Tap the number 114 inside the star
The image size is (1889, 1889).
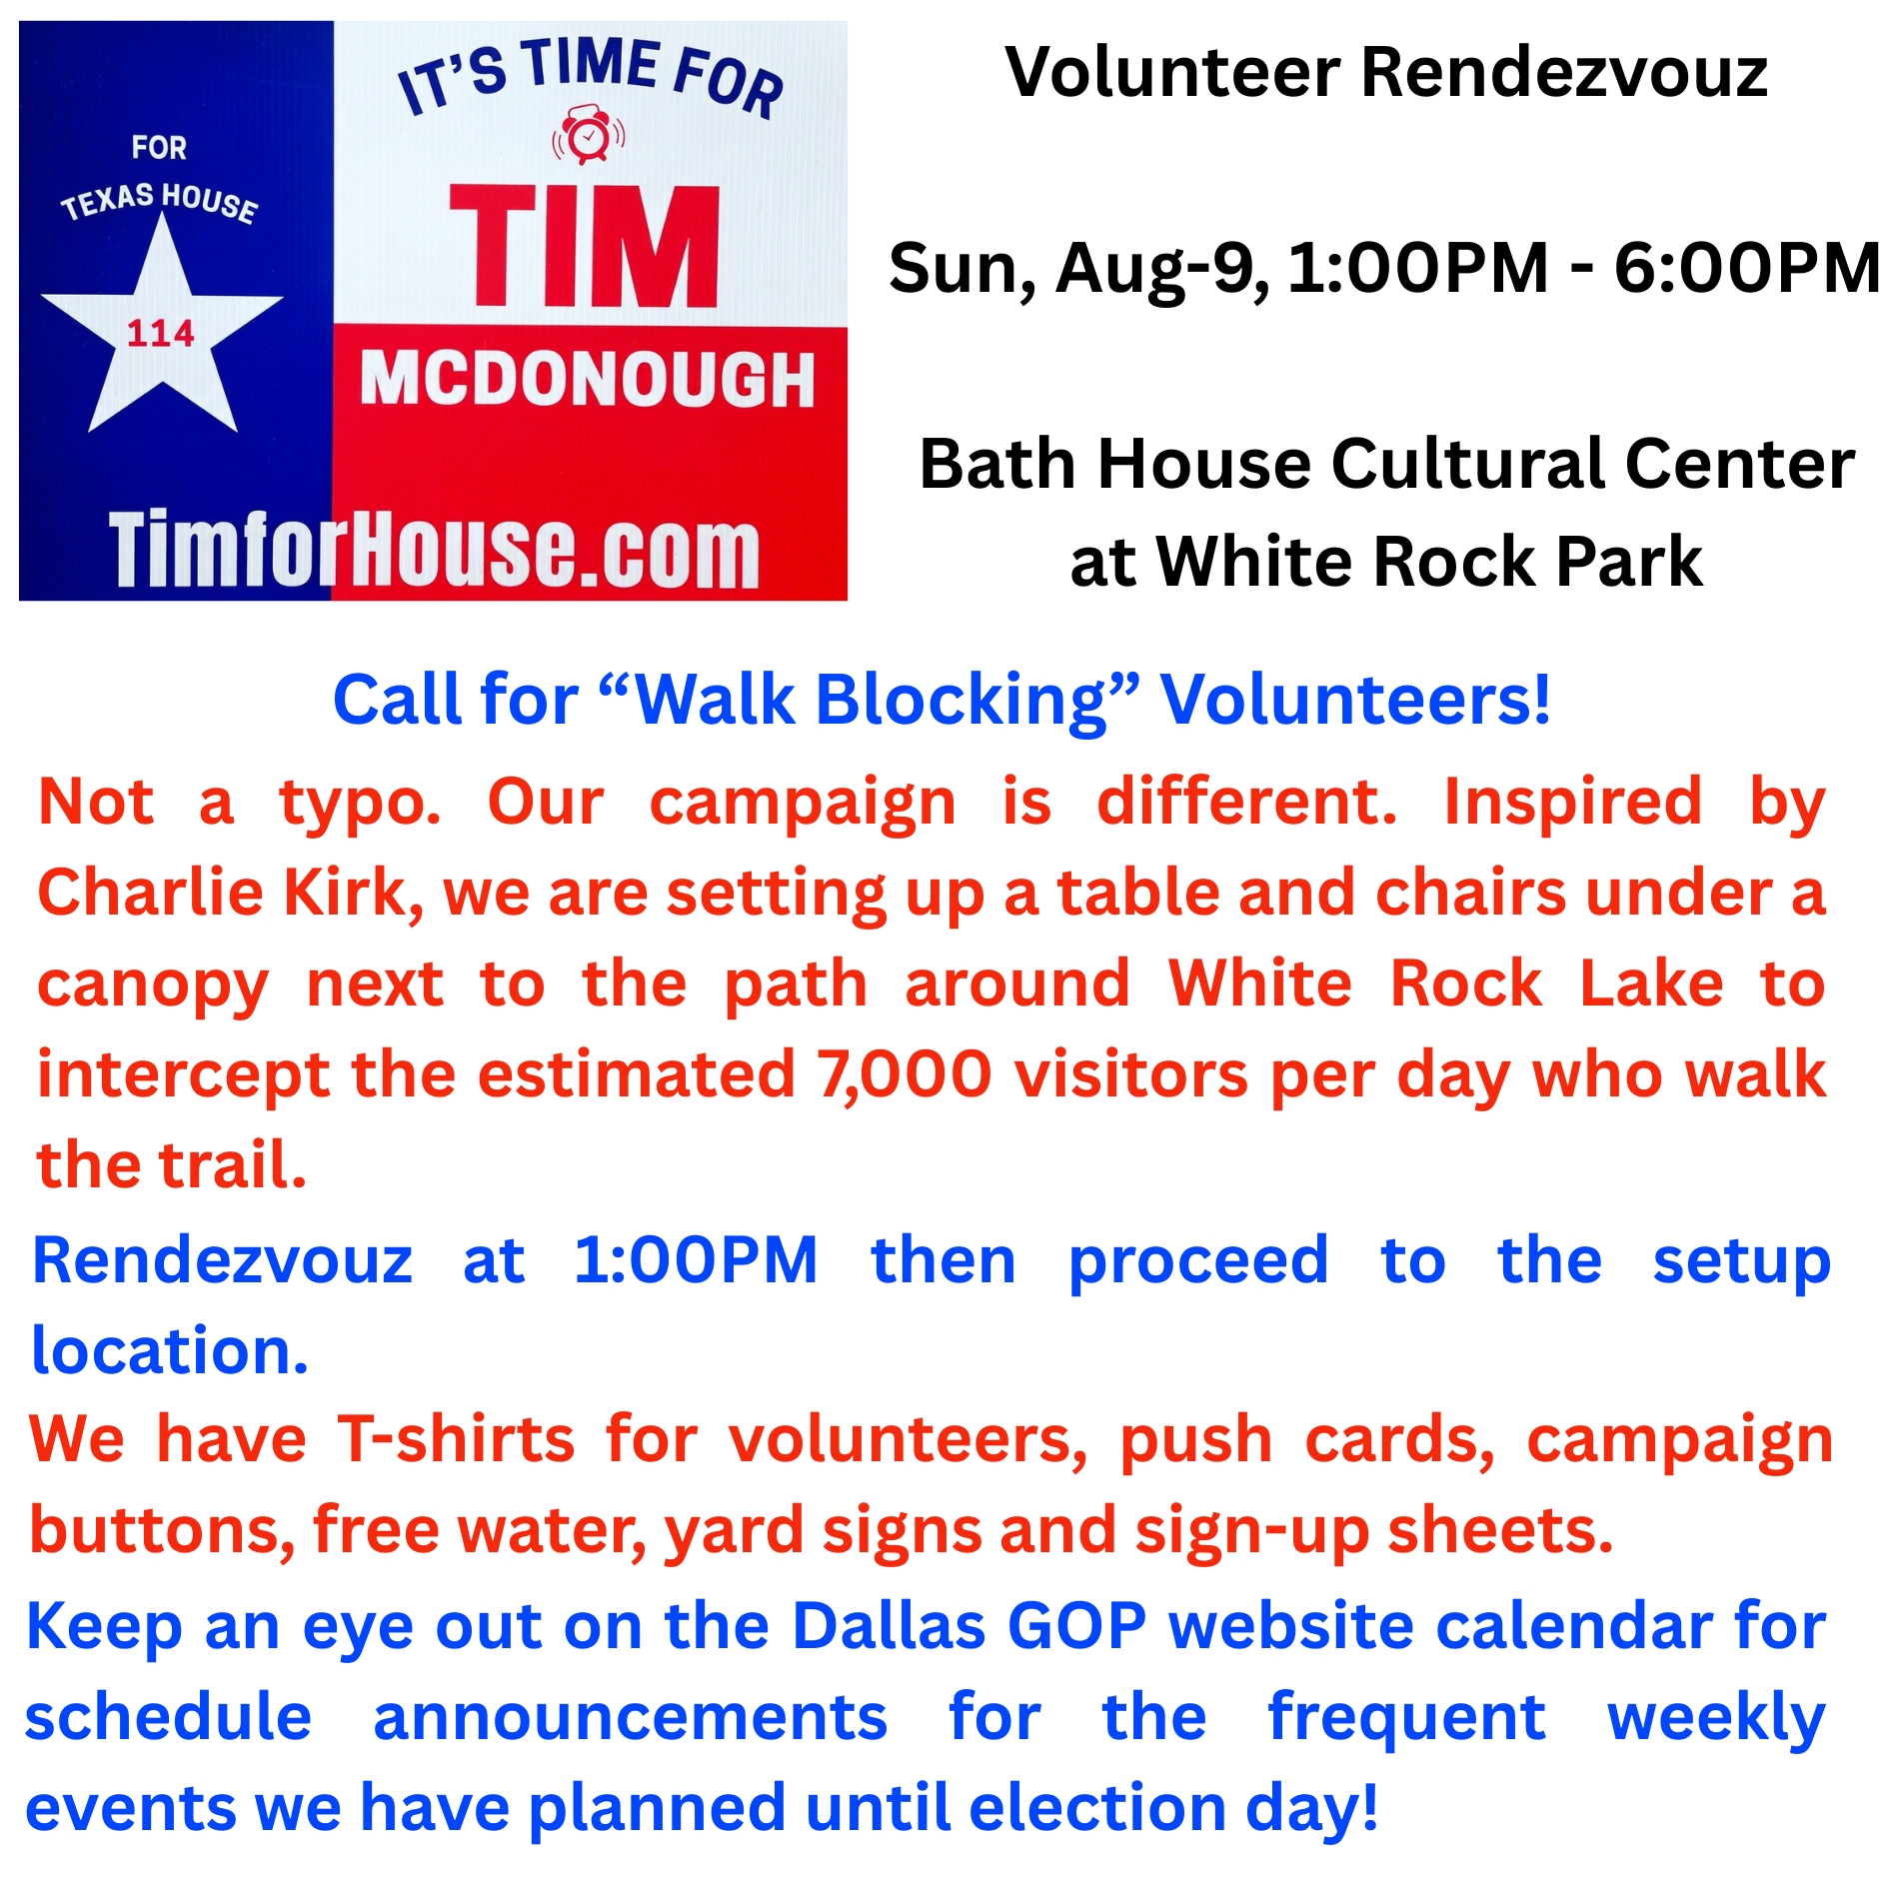[161, 333]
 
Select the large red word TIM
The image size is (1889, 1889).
[585, 246]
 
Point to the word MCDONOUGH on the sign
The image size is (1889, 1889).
[588, 379]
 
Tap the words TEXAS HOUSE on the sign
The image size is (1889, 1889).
[160, 202]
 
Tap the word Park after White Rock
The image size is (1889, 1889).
[1629, 561]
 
